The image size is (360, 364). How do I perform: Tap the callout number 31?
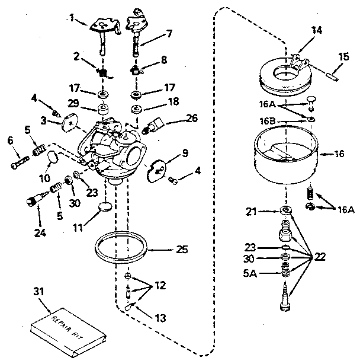(x=38, y=292)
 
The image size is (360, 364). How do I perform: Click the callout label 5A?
(x=250, y=273)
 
